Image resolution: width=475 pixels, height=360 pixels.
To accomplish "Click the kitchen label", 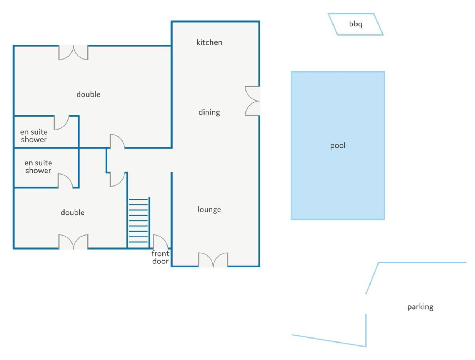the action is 209,42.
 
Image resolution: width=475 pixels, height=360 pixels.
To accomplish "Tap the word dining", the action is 209,112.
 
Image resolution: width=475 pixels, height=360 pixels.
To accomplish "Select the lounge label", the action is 209,209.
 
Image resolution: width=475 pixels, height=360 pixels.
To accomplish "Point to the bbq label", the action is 355,24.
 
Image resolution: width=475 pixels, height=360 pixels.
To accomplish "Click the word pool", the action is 338,146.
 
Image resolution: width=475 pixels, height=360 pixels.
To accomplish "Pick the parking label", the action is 420,307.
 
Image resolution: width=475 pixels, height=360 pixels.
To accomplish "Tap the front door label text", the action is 160,257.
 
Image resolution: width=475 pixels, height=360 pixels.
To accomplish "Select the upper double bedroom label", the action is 88,94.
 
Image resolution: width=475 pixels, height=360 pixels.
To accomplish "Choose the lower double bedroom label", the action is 73,213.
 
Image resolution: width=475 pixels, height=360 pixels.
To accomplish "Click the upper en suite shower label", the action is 34,136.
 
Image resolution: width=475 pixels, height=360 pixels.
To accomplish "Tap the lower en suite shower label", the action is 38,167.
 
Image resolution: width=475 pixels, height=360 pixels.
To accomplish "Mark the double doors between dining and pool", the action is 252,101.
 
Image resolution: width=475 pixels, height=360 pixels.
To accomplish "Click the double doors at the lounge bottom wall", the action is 213,260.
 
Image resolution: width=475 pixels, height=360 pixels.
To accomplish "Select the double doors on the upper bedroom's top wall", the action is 74,52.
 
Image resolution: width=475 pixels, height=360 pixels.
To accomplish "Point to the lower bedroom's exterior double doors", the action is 74,242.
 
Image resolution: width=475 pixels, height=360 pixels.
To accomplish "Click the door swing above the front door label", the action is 160,242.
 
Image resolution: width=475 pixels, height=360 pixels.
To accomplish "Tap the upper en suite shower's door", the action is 61,123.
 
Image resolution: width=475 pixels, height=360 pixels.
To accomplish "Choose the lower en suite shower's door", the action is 65,181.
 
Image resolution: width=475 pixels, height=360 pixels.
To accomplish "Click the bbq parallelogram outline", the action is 356,24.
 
